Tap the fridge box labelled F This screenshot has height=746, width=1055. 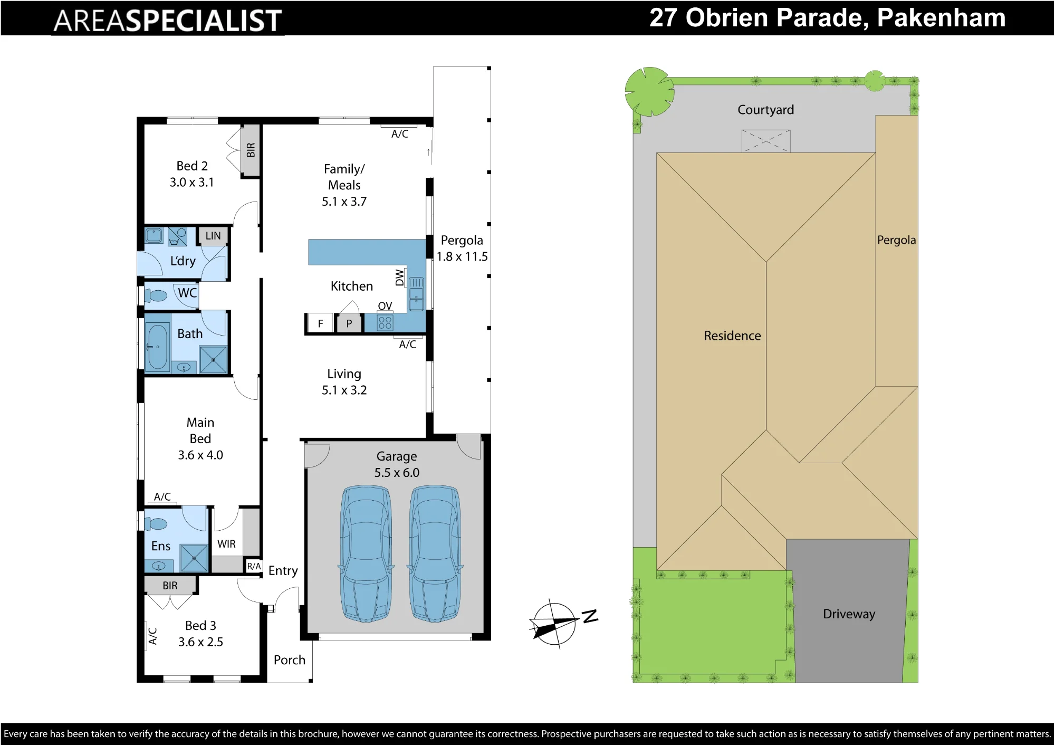320,323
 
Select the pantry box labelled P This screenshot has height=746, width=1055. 349,323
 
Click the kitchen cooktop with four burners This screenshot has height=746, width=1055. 385,323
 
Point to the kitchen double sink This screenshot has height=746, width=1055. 416,294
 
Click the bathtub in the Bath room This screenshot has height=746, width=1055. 157,347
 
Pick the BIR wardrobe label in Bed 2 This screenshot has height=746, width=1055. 251,150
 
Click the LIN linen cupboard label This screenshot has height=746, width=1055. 213,236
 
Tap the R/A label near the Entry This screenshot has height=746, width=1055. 254,566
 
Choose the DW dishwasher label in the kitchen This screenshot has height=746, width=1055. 400,278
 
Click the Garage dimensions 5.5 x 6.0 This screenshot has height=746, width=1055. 397,473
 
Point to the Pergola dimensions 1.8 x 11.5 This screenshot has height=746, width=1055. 462,257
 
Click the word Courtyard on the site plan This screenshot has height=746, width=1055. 765,110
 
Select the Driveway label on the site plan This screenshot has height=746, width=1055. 849,614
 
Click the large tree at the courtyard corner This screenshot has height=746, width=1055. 649,91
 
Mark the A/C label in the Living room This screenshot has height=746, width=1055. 407,345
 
